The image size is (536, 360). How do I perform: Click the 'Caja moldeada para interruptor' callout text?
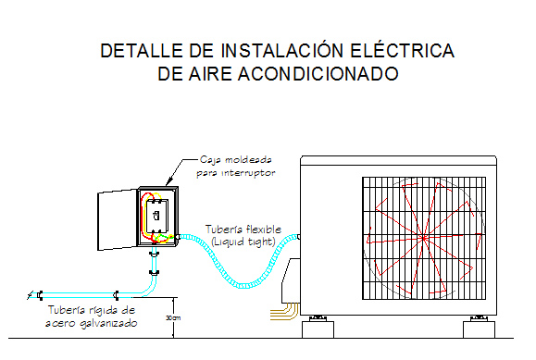tap(235, 166)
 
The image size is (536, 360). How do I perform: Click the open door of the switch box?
tap(118, 220)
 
